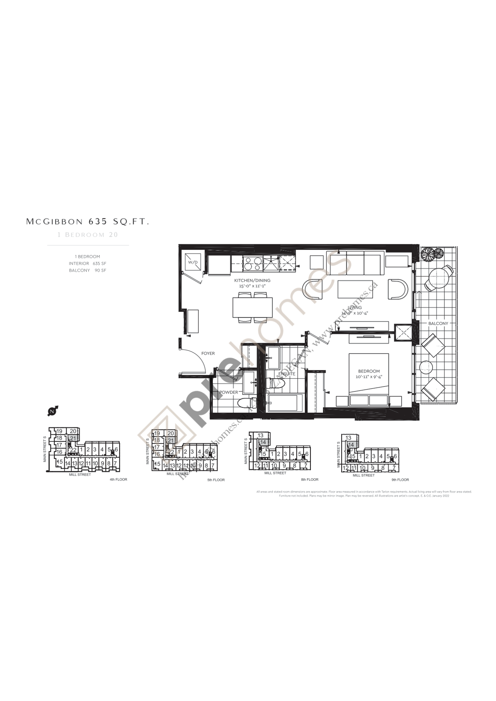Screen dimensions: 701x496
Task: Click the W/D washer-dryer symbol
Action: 193,262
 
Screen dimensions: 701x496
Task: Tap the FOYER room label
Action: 208,353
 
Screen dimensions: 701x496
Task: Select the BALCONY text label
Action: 438,323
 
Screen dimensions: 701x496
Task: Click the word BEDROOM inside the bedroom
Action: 369,371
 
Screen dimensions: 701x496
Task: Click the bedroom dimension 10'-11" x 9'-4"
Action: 369,377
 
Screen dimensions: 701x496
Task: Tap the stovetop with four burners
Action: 252,264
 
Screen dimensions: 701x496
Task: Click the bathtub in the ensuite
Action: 283,403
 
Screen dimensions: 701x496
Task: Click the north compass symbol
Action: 52,411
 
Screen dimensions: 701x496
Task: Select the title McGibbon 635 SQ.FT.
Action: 88,222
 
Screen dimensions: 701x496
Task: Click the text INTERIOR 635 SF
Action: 87,264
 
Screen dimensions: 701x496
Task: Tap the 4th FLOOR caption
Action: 118,479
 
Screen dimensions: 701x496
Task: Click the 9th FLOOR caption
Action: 400,479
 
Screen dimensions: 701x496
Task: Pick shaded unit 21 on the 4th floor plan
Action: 73,438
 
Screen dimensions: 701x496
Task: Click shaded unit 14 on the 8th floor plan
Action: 263,442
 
